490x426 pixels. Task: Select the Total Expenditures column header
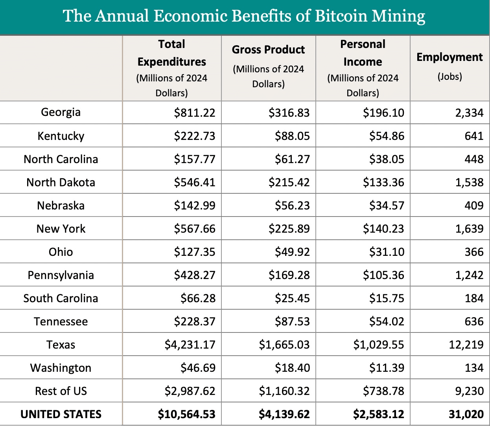(172, 53)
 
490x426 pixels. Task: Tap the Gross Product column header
(268, 50)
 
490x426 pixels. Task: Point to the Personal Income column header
(363, 53)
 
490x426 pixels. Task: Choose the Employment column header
(449, 57)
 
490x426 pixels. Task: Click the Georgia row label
(61, 112)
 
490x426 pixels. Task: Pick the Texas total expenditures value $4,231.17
(190, 345)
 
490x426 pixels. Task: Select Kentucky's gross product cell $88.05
(292, 136)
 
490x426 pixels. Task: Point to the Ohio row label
(61, 252)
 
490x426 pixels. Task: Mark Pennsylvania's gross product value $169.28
(289, 275)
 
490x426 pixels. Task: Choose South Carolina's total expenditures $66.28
(198, 298)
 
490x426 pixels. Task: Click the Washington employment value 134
(474, 368)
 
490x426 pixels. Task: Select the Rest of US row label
(61, 391)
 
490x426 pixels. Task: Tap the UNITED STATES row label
(61, 414)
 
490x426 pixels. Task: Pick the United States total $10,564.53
(186, 414)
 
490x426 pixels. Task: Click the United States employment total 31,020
(466, 414)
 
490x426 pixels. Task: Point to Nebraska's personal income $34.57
(387, 206)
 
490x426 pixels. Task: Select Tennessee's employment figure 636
(474, 321)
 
